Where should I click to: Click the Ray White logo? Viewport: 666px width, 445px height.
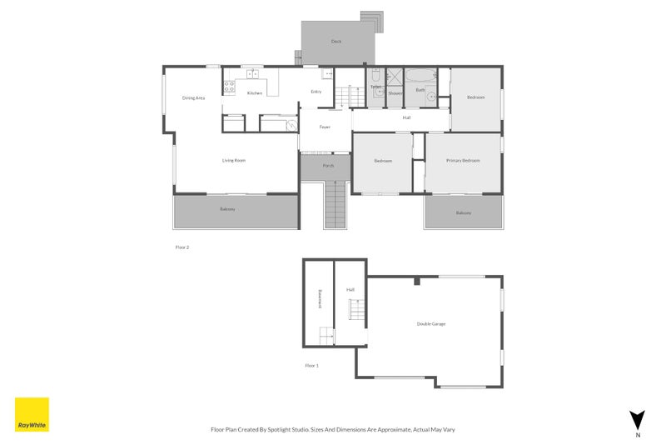tap(32, 414)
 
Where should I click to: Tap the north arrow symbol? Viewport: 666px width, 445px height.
tap(637, 420)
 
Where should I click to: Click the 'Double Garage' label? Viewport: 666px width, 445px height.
tap(431, 323)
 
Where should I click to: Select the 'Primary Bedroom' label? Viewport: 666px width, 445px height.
tap(462, 160)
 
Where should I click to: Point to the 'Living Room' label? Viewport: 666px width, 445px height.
tap(233, 160)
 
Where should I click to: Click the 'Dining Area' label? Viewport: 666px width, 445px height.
tap(193, 98)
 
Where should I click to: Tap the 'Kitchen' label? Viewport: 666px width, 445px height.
tap(255, 92)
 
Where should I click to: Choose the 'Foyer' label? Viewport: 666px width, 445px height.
tap(325, 127)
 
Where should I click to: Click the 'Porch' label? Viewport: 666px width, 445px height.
tap(328, 166)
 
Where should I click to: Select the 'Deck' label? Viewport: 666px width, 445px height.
tap(336, 41)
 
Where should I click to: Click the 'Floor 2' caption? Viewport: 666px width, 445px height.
tap(182, 247)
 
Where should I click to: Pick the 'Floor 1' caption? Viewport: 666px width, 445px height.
tap(311, 365)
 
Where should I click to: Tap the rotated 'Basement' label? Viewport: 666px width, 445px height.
tap(319, 300)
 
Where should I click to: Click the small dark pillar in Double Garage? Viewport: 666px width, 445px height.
tap(417, 282)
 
